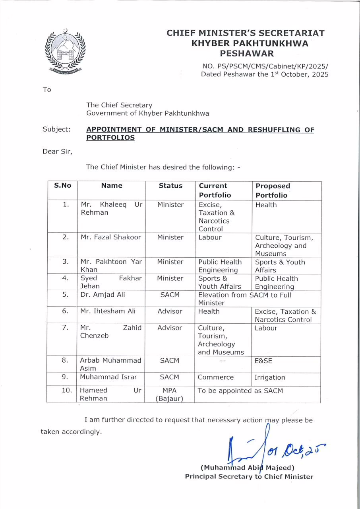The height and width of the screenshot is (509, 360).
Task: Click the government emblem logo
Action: coord(65,52)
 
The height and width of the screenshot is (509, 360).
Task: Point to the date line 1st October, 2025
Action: coord(265,74)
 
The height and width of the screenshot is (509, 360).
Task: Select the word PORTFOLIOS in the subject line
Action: coord(110,138)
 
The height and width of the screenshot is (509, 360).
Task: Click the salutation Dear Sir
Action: coord(57,151)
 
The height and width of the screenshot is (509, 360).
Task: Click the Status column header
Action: coord(170,186)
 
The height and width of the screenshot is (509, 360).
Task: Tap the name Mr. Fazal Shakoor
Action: coord(111,237)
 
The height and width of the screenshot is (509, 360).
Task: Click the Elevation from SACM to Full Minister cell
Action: coord(244,299)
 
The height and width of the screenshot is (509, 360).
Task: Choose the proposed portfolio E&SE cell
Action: coord(263,361)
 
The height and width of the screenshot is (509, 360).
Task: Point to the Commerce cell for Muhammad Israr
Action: coord(216,377)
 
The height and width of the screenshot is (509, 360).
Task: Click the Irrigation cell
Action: coord(270,377)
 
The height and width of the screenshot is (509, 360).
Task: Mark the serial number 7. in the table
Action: coord(65,328)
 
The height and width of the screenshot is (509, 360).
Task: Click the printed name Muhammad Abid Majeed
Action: coord(247,468)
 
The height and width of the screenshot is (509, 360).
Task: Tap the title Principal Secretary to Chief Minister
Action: coord(249,476)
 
